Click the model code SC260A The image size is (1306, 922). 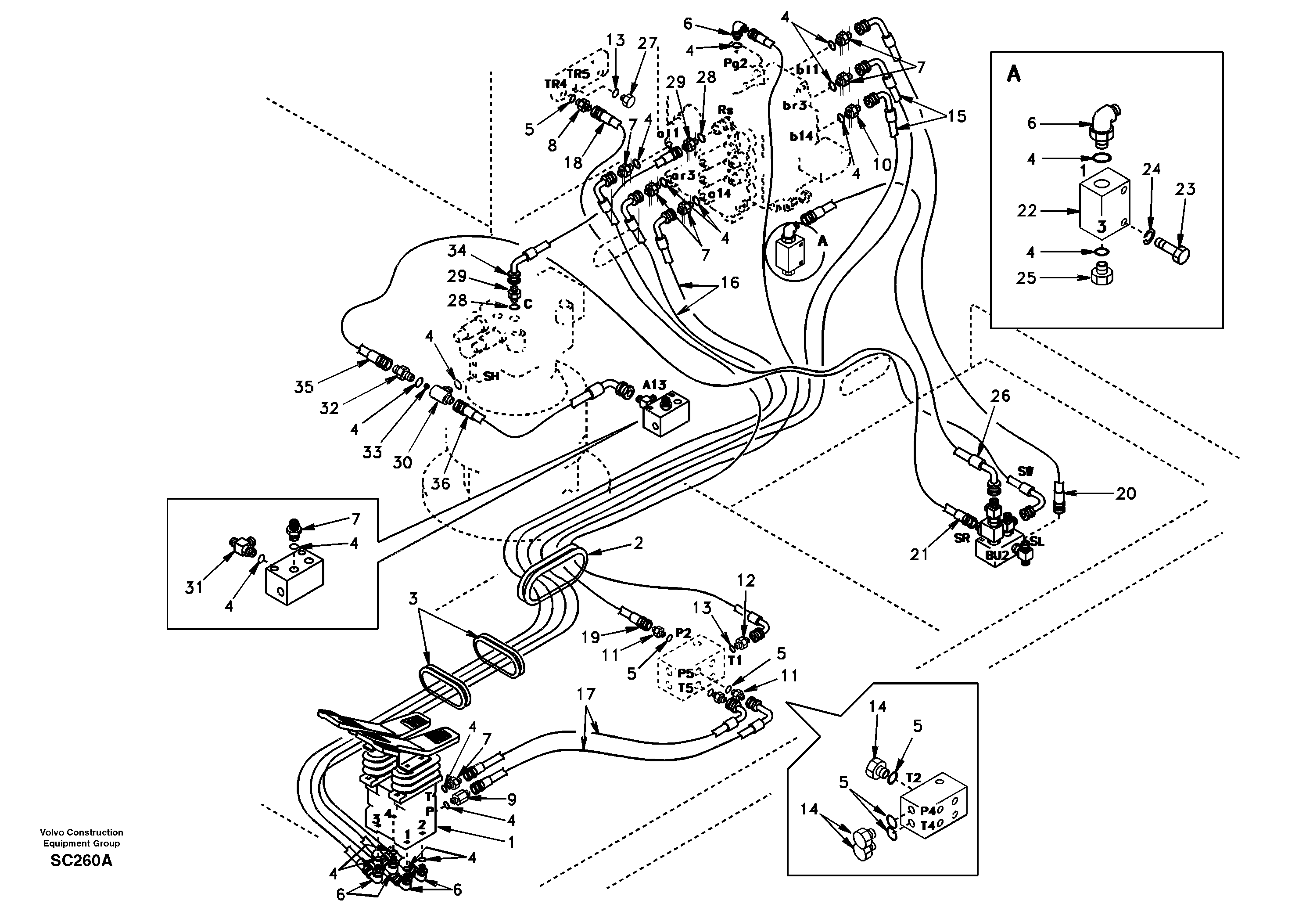[81, 861]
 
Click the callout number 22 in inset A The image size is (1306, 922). [1027, 211]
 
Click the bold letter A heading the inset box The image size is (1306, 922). [1014, 74]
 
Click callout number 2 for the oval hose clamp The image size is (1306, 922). [638, 543]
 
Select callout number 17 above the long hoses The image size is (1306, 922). [585, 694]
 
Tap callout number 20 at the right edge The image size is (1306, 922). [1125, 493]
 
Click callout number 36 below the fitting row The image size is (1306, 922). [440, 484]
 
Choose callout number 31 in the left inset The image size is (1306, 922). [194, 587]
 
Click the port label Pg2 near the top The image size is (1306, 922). [735, 64]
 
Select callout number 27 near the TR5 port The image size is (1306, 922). [647, 43]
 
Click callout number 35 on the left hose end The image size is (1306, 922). [304, 387]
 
